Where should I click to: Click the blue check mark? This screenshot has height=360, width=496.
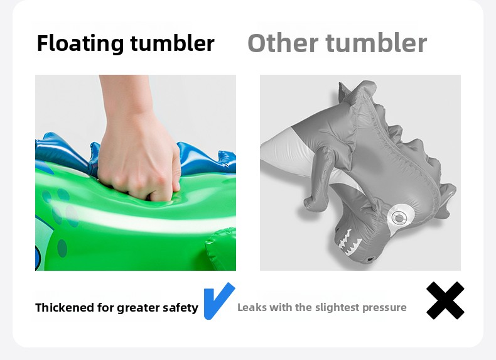[218, 301]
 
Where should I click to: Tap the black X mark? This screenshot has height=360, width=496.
[445, 300]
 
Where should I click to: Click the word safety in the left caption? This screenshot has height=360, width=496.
[181, 308]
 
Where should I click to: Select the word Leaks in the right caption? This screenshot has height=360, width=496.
[251, 307]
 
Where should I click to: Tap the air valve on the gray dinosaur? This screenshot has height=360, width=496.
[398, 217]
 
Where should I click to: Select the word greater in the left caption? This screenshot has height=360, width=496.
[141, 308]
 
